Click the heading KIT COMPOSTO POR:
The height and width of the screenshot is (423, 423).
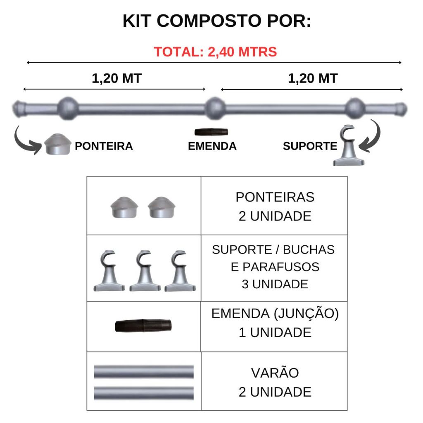point(217,21)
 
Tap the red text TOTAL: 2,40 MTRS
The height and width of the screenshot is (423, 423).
point(215,52)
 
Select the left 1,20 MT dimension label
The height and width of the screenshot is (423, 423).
point(116,78)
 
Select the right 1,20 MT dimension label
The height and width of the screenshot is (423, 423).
point(313,78)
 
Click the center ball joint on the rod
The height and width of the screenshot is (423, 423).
point(215,108)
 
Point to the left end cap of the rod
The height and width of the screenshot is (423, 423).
point(19,109)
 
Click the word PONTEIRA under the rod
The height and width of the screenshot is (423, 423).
point(104,146)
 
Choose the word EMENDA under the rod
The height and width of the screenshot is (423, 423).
point(212,146)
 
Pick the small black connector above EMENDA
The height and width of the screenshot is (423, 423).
point(211,132)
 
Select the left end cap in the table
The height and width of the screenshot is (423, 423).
point(124,207)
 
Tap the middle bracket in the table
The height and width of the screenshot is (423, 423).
point(145,271)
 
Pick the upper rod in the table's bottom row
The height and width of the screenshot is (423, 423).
point(144,372)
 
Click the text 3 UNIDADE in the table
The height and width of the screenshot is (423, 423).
point(275,284)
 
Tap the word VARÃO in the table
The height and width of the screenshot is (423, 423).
point(275,373)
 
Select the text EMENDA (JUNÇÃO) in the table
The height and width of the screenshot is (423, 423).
point(275,314)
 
